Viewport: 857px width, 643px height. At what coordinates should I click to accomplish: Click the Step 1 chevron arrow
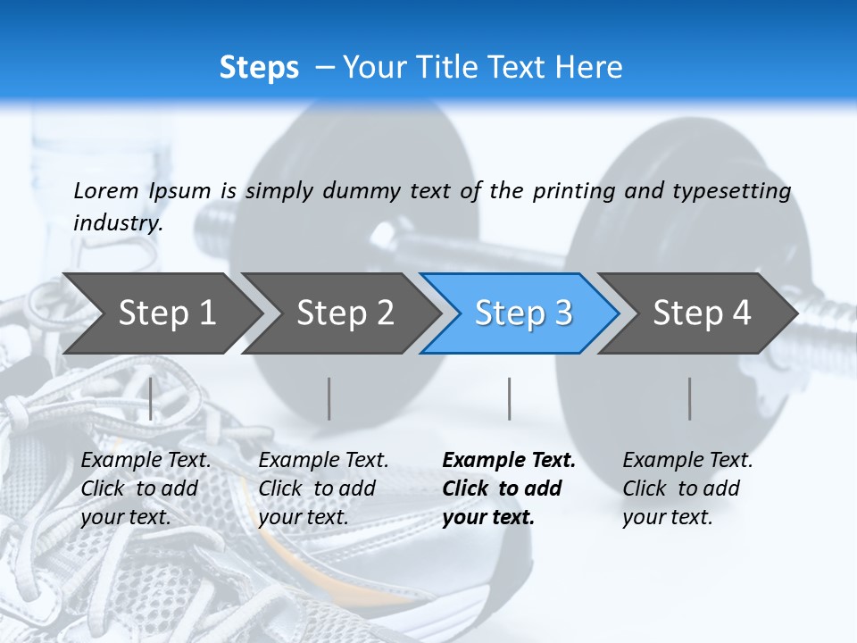[x=166, y=313]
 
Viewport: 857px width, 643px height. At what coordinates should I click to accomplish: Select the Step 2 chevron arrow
[x=345, y=313]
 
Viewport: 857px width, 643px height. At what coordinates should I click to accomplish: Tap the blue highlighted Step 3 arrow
[x=523, y=313]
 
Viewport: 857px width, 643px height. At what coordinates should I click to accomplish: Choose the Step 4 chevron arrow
[x=702, y=313]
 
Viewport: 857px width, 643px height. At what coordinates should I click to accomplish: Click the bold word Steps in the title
[x=259, y=67]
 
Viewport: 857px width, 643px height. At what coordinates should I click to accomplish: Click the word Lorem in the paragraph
[x=104, y=190]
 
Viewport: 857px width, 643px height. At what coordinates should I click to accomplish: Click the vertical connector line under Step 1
[x=150, y=398]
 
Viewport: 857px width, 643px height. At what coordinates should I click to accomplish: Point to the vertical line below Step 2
[x=329, y=398]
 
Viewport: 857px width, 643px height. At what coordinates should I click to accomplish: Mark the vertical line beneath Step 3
[x=509, y=398]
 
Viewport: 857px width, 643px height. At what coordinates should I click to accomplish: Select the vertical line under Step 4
[x=689, y=398]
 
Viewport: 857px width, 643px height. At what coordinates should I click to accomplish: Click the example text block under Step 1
[x=146, y=489]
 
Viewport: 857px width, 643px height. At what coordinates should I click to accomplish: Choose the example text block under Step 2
[x=323, y=489]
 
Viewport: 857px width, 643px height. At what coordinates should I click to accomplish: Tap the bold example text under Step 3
[x=509, y=489]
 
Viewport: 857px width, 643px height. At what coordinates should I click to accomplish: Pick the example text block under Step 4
[x=687, y=489]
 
